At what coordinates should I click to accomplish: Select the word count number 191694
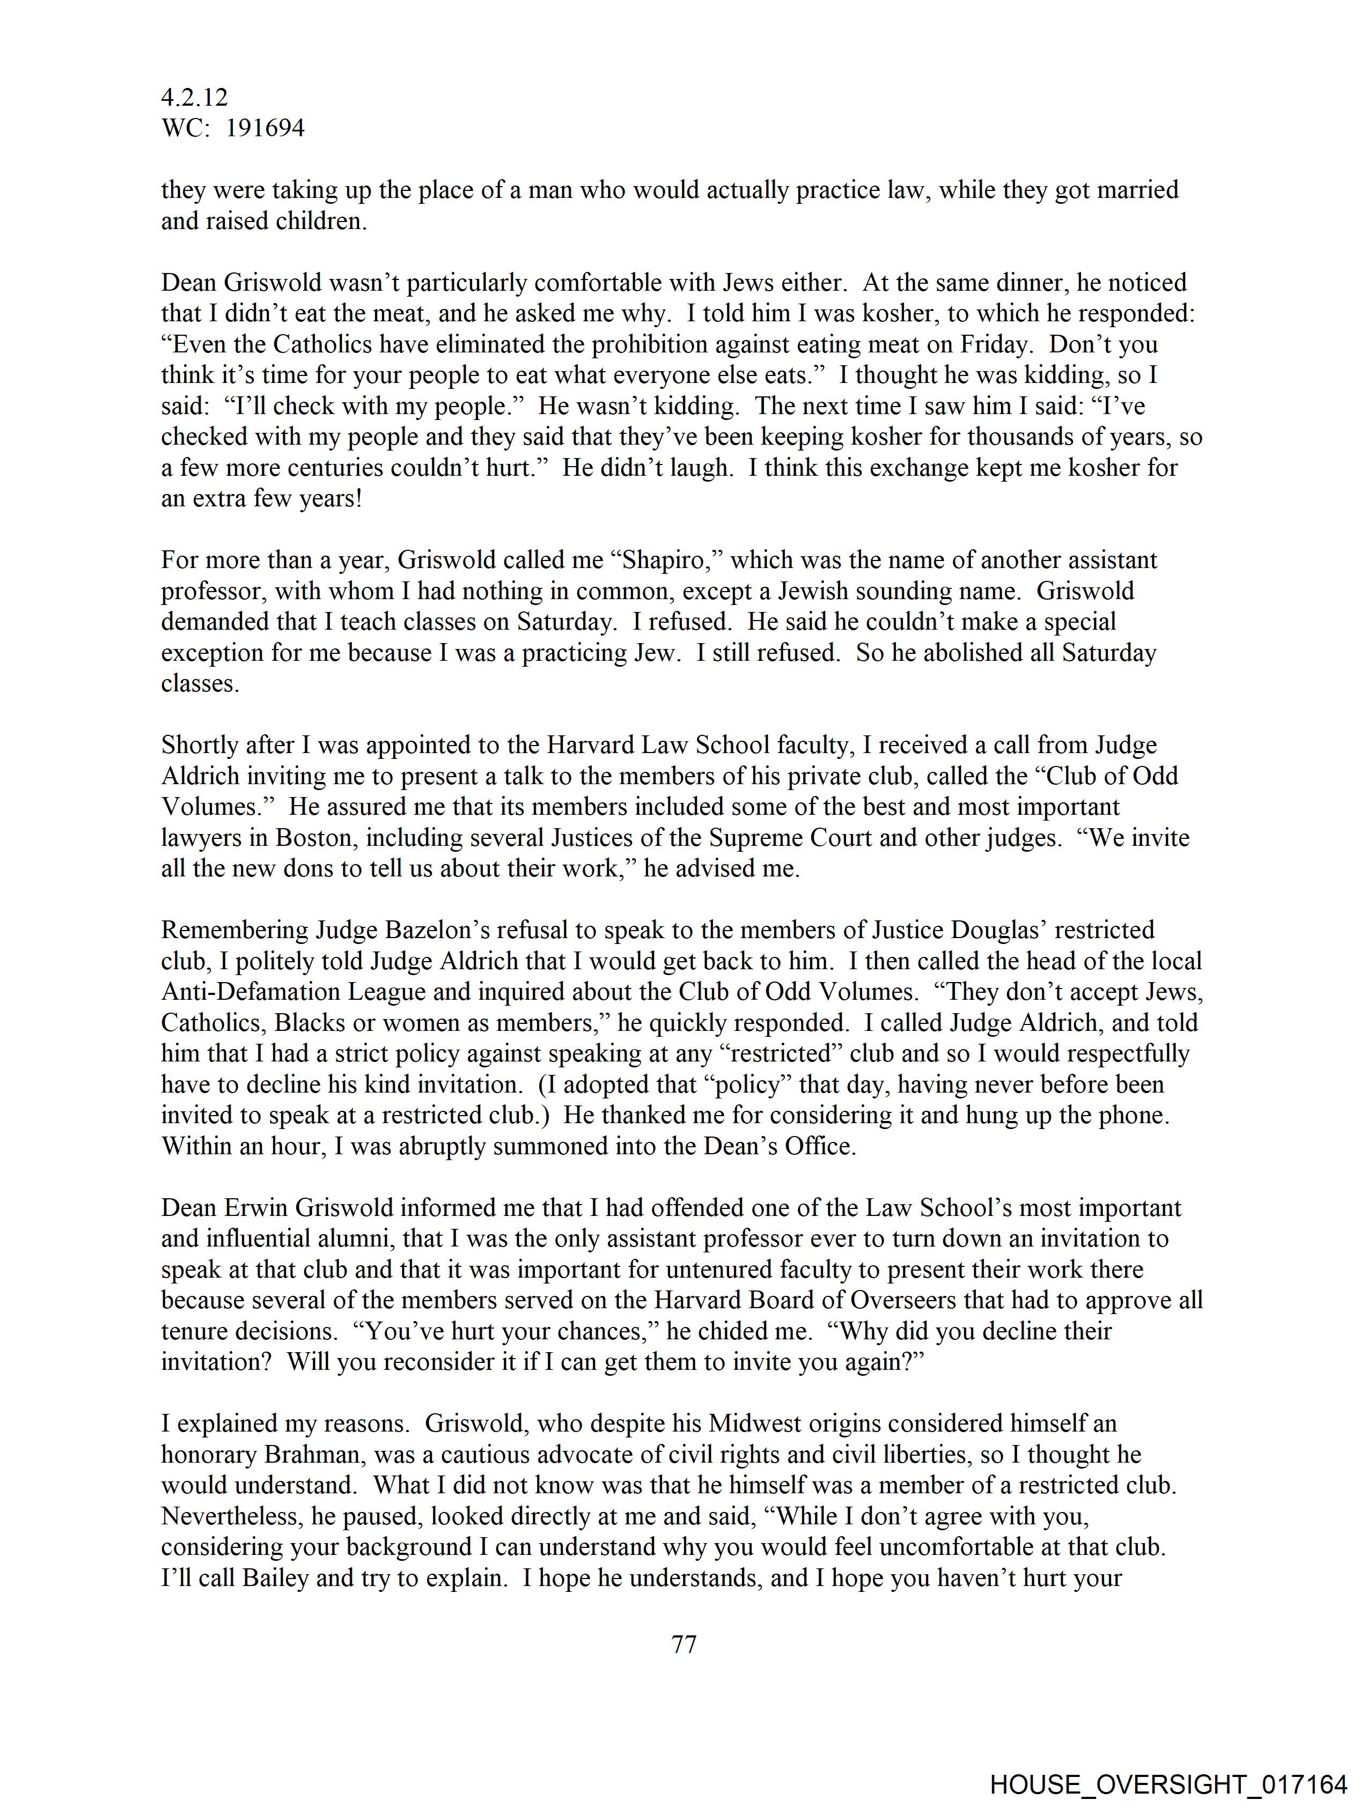[265, 128]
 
